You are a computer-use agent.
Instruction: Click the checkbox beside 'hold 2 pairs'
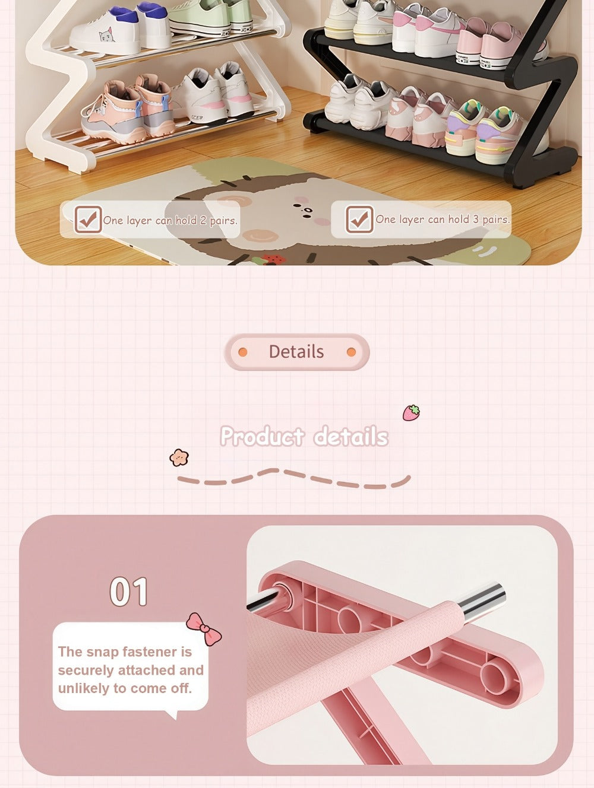click(x=88, y=219)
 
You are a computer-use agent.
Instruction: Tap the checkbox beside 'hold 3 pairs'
click(x=359, y=219)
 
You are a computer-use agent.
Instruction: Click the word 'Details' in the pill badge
click(x=296, y=352)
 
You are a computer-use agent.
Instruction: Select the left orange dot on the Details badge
click(x=243, y=352)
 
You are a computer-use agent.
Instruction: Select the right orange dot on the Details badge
click(x=352, y=352)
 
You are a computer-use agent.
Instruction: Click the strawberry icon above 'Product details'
click(x=411, y=412)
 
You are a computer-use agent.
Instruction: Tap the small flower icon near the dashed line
click(x=179, y=457)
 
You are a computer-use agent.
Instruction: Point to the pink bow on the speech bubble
click(x=204, y=628)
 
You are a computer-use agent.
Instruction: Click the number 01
click(x=129, y=592)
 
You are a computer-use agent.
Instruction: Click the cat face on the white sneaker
click(x=106, y=36)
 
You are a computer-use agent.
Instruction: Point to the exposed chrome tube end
click(x=484, y=600)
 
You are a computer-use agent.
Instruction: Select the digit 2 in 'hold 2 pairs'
click(x=203, y=220)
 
